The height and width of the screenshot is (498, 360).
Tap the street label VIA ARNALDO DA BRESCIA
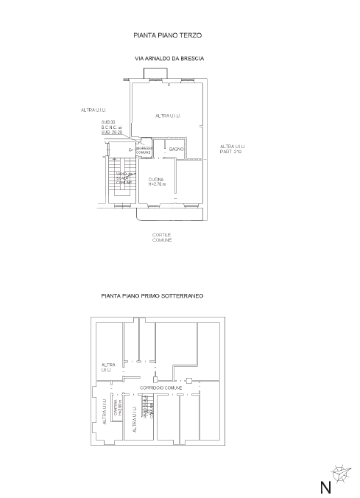pyautogui.click(x=169, y=57)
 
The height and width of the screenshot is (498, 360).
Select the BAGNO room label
pyautogui.click(x=176, y=150)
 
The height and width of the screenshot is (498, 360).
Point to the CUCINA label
pyautogui.click(x=155, y=180)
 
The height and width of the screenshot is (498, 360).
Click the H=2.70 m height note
pyautogui.click(x=158, y=184)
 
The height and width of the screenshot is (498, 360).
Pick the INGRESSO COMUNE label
pyautogui.click(x=144, y=150)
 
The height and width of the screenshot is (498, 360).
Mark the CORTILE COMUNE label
pyautogui.click(x=162, y=237)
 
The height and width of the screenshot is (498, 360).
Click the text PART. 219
pyautogui.click(x=231, y=151)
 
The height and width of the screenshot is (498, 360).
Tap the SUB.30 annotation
pyautogui.click(x=109, y=122)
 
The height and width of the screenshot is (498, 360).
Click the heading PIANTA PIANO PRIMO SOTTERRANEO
pyautogui.click(x=152, y=295)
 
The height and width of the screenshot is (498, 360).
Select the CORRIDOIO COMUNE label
pyautogui.click(x=161, y=387)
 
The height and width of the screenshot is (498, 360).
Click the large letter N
pyautogui.click(x=325, y=487)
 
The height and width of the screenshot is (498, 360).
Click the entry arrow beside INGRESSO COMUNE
pyautogui.click(x=130, y=150)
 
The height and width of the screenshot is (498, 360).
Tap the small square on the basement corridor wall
pyautogui.click(x=189, y=380)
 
